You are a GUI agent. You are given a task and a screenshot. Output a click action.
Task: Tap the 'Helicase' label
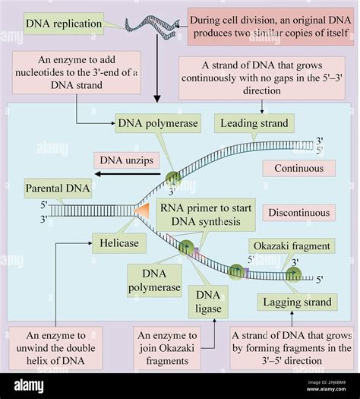(115, 242)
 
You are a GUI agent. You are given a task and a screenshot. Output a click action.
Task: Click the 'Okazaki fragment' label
(289, 246)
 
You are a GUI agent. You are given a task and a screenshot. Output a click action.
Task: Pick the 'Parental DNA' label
(58, 188)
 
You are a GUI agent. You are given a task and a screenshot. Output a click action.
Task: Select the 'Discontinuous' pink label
(297, 214)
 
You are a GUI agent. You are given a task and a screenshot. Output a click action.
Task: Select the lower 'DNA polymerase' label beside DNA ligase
(154, 280)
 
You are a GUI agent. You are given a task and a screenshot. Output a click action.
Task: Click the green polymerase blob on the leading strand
(174, 179)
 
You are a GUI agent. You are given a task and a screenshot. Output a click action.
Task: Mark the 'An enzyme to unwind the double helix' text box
(57, 347)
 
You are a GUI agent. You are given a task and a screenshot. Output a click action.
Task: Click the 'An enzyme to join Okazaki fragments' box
(178, 347)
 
